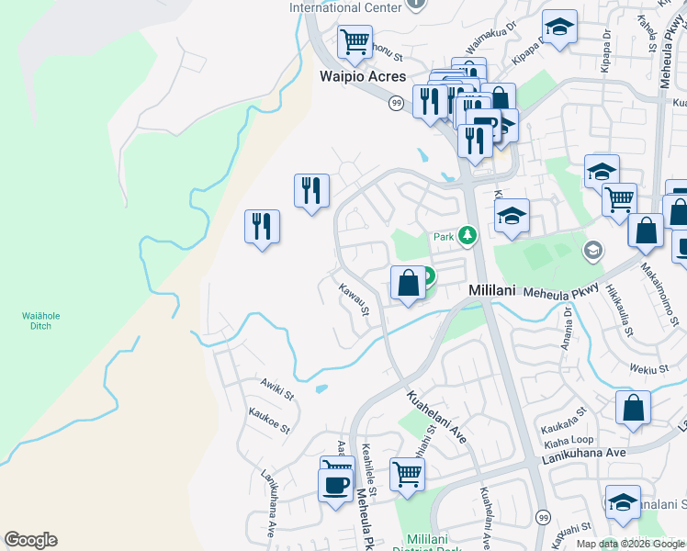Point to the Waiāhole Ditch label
click(x=41, y=320)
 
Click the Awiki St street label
click(x=276, y=389)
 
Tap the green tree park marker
click(x=467, y=237)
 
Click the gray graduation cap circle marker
click(x=592, y=249)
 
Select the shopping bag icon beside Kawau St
click(x=408, y=282)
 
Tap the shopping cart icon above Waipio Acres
click(x=354, y=41)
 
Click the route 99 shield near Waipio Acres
click(x=396, y=103)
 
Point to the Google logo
click(x=30, y=540)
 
